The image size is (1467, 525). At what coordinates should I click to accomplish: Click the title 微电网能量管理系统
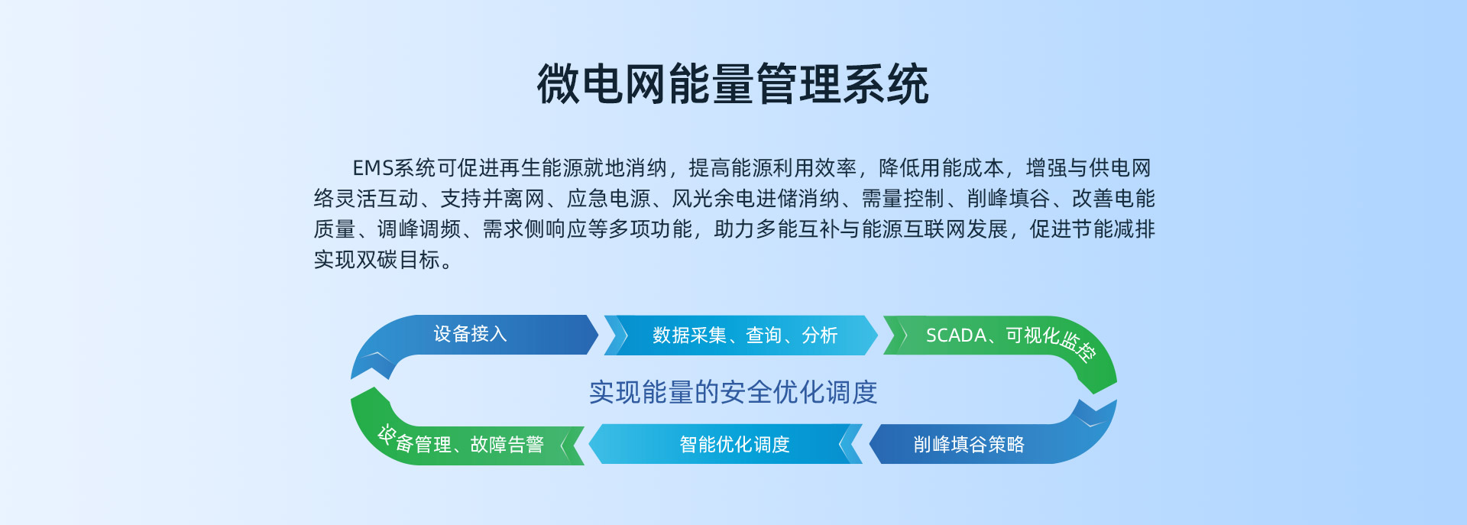733,84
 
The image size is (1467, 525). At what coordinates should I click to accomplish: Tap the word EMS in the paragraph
372,168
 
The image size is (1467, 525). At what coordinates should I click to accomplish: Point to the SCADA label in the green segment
956,335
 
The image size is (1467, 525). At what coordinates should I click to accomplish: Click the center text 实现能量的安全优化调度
733,393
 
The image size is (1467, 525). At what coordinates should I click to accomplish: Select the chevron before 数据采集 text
621,335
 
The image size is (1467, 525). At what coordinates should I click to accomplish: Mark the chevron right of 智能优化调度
846,444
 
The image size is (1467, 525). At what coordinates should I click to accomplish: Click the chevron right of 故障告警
566,445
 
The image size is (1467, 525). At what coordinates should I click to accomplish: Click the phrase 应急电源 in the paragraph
608,199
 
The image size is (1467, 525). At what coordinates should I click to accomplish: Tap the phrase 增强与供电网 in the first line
1088,168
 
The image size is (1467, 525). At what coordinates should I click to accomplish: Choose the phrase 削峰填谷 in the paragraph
1009,199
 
